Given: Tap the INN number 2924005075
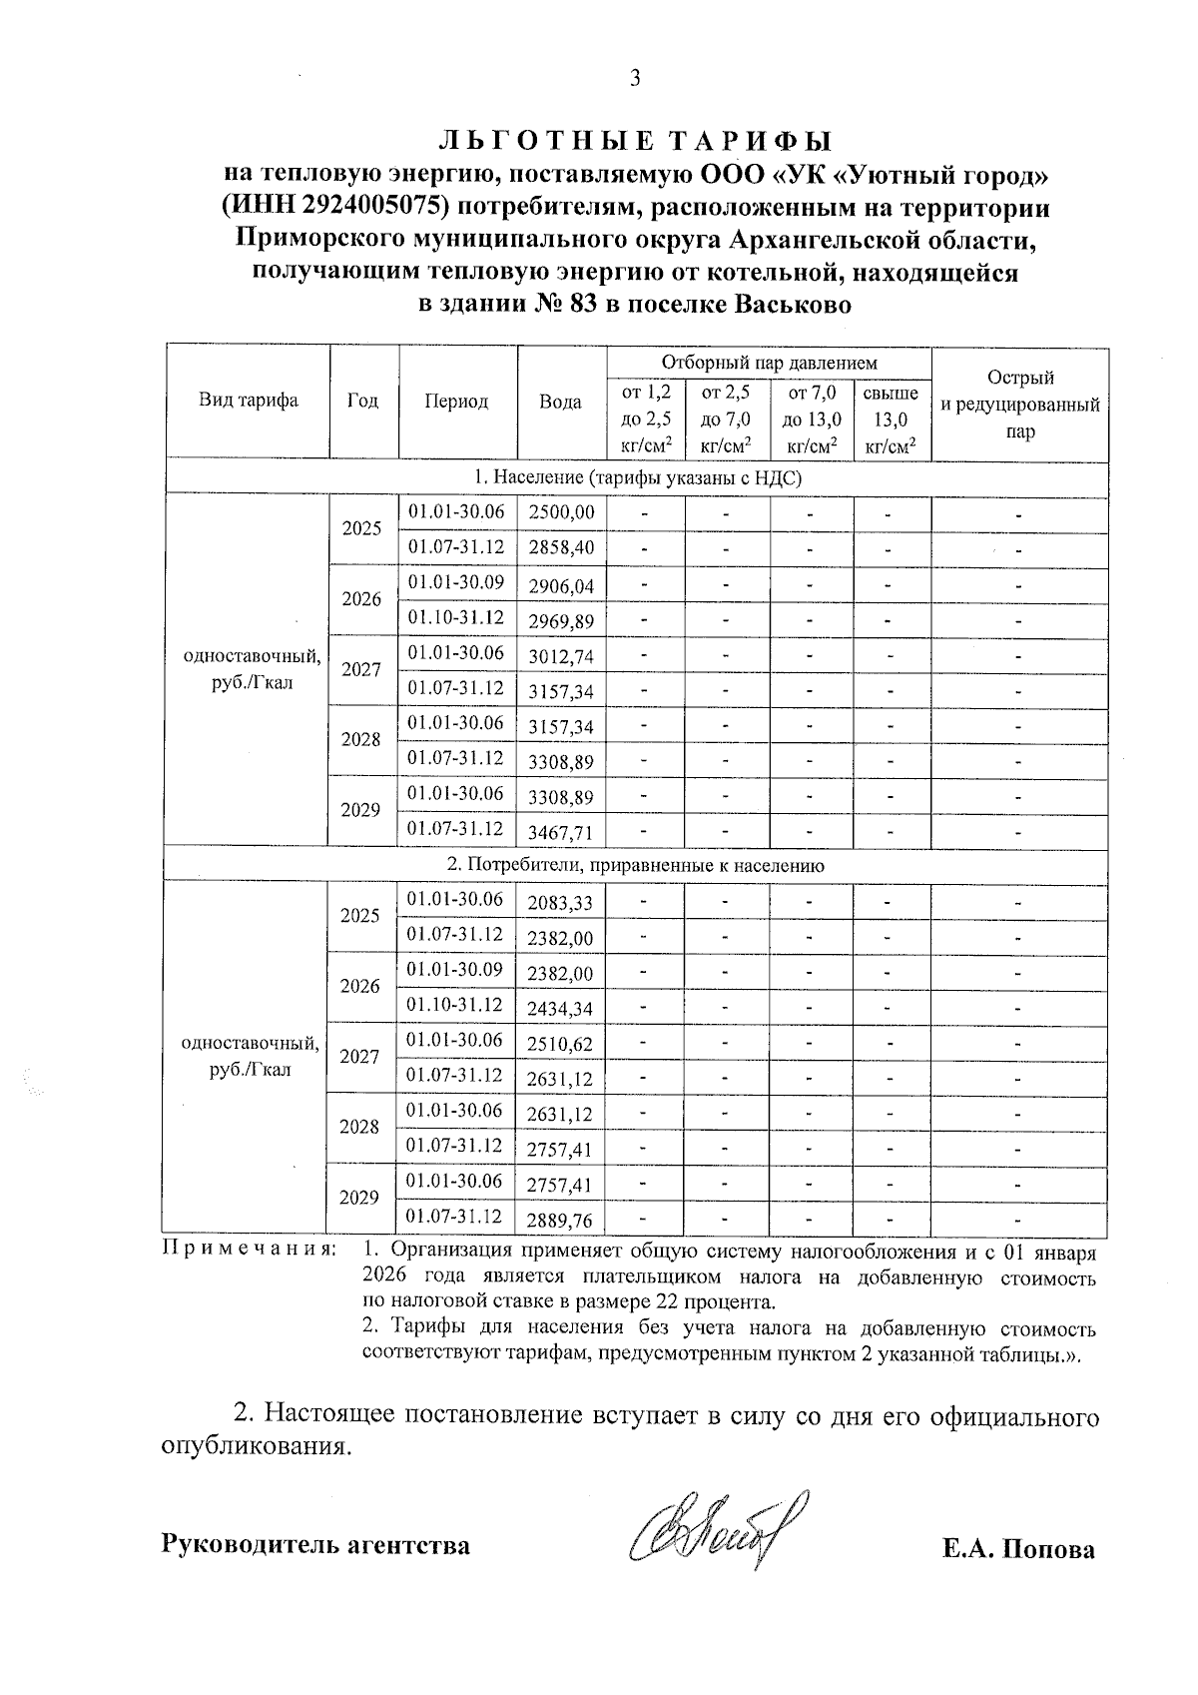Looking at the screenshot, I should (351, 207).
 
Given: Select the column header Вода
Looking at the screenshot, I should (560, 403).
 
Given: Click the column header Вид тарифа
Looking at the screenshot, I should (248, 402).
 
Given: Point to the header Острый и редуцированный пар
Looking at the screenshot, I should (1019, 405).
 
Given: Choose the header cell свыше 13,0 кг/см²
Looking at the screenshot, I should (891, 420).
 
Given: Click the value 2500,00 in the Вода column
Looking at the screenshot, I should (561, 513).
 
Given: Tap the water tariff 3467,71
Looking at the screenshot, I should (561, 832).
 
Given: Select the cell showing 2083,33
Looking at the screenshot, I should (560, 904).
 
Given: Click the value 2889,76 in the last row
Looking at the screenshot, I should (560, 1221).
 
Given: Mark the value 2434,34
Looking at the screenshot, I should (560, 1009).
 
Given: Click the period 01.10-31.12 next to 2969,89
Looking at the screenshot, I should (456, 618).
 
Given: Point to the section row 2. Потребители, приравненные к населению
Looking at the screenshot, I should (635, 866).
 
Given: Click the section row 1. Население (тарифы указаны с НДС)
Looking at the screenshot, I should (635, 479).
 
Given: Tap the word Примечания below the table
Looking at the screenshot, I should (249, 1251).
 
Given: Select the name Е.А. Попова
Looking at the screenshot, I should (1017, 1549).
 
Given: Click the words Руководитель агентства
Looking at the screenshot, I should (315, 1545).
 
